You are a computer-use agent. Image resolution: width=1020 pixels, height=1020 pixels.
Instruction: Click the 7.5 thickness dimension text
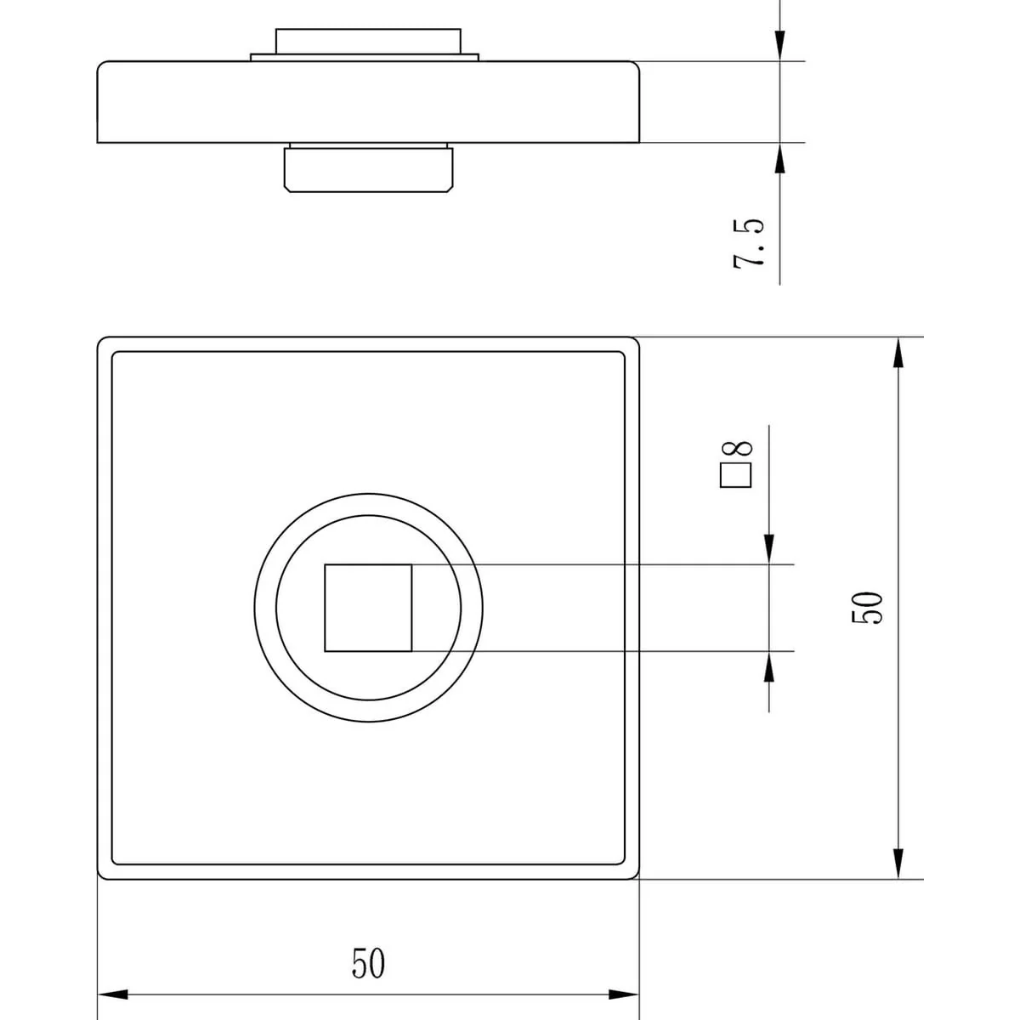tap(749, 243)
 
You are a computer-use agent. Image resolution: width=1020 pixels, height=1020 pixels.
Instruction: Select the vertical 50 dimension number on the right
tap(867, 608)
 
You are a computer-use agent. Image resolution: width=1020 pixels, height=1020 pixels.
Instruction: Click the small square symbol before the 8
tap(736, 475)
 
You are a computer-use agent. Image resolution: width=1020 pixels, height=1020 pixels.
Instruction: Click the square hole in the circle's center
tap(368, 608)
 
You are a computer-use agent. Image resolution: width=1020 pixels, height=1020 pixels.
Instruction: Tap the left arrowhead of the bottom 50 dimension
tap(113, 994)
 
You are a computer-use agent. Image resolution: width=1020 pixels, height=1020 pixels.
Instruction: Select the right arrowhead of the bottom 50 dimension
tap(624, 994)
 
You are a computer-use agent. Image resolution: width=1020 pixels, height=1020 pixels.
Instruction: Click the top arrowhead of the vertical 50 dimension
tap(898, 353)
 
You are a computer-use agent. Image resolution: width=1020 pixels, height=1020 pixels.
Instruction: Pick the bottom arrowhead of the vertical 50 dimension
tap(898, 864)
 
